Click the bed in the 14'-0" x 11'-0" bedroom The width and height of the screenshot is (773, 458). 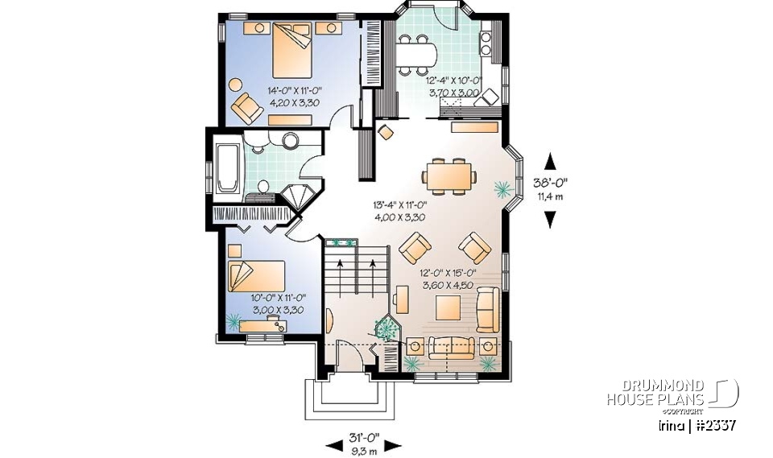tap(289, 50)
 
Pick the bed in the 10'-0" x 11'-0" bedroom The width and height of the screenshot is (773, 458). tap(255, 276)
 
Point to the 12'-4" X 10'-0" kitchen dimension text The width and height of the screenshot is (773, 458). tap(453, 80)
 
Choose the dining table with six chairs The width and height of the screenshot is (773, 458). tap(449, 175)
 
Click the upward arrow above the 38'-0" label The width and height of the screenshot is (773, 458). tap(551, 159)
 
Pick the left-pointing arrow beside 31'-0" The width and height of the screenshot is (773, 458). tap(333, 444)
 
